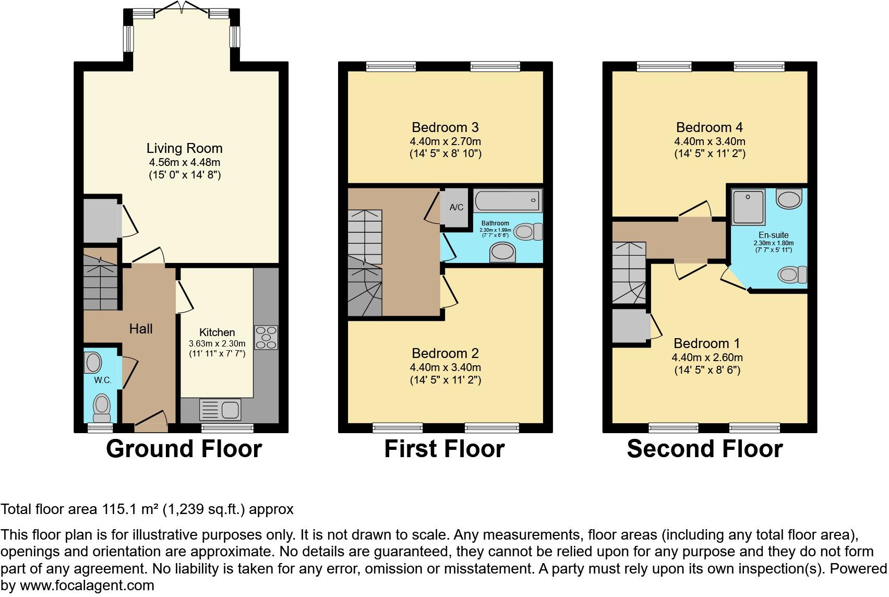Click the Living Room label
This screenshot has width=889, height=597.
point(184,148)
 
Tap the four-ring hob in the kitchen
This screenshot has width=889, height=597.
point(266,338)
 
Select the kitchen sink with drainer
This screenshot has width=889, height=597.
point(220,410)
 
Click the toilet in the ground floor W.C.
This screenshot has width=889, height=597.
point(102,408)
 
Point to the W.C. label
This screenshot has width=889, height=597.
point(103,380)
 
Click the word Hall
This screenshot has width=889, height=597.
point(141,329)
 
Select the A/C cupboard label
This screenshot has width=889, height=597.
point(456,208)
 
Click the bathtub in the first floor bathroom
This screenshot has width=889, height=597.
point(508,200)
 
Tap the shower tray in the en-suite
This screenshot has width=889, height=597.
point(748,206)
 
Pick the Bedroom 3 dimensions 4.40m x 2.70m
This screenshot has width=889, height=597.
point(445,141)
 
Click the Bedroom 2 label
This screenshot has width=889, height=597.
point(445,353)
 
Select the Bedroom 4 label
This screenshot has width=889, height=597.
point(710,127)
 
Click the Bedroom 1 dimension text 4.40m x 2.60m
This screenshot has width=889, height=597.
point(707,357)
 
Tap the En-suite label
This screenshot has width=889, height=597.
point(774,235)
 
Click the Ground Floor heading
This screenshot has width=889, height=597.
point(184,449)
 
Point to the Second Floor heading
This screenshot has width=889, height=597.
point(704,449)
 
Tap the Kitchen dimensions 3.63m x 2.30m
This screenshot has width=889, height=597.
point(217,344)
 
